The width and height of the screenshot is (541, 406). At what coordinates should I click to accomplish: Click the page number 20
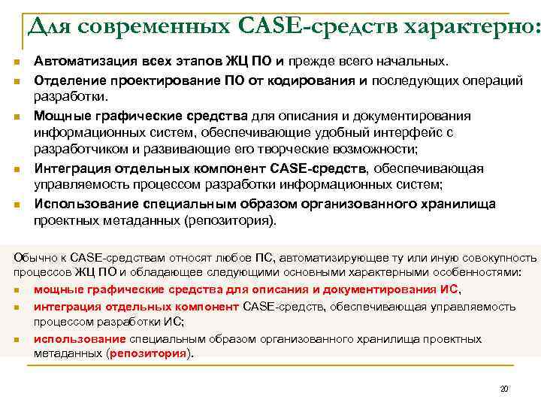[x=504, y=389]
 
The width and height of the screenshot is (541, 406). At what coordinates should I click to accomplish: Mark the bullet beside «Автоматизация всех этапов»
[x=15, y=61]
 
